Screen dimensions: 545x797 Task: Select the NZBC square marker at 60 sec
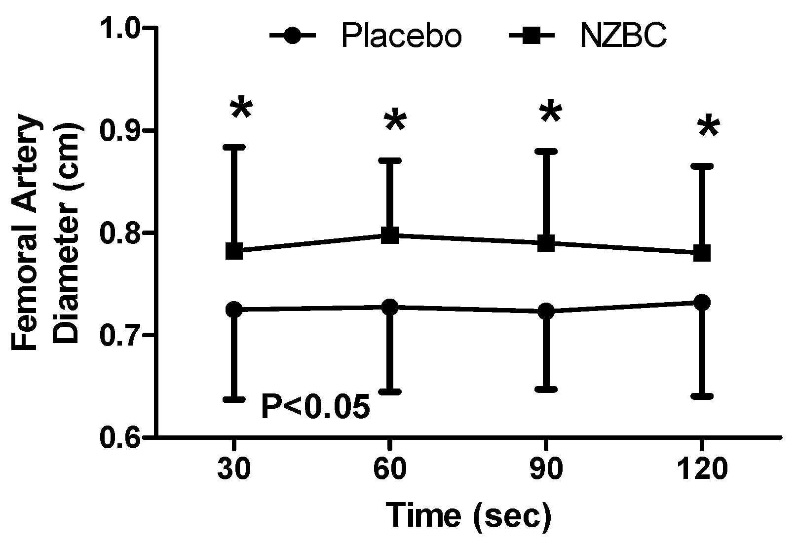pos(390,235)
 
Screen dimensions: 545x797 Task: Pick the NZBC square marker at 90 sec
pos(546,242)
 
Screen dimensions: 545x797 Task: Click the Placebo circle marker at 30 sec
pos(234,310)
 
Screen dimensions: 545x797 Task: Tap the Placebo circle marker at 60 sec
pos(390,307)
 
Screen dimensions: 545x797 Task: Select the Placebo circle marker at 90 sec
pos(546,311)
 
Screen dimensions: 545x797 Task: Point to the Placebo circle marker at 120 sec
pos(702,302)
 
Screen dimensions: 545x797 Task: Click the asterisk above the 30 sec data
pos(241,109)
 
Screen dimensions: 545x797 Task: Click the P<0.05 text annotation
pos(315,407)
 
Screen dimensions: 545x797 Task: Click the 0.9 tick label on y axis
pos(120,131)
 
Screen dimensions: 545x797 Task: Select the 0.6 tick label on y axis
pos(120,437)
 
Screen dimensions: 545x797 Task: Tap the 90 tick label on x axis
pos(546,469)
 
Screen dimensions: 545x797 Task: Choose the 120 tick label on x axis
pos(702,469)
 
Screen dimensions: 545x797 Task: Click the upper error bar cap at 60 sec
pos(390,160)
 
